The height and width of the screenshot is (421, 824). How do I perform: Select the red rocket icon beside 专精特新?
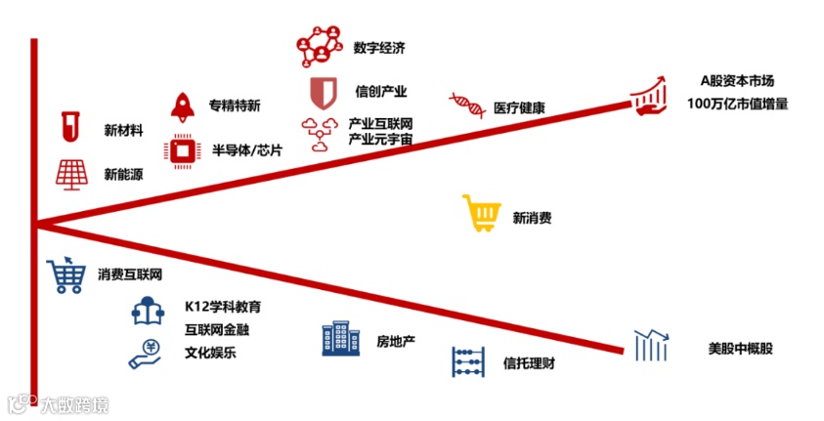(x=183, y=105)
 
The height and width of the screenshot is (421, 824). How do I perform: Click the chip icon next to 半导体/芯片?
(x=182, y=149)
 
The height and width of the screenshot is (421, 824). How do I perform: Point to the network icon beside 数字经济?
(x=321, y=47)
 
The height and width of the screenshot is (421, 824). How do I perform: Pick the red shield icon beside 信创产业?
(x=322, y=92)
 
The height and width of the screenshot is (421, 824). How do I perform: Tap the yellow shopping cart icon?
(x=481, y=214)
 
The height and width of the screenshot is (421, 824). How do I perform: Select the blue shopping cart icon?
(x=66, y=275)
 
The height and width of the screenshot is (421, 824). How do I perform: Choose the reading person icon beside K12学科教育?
(x=149, y=311)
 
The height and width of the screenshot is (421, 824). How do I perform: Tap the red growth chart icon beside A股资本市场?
(x=649, y=94)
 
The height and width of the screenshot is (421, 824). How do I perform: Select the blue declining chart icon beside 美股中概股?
(x=650, y=345)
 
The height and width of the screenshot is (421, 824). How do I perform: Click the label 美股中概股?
(x=740, y=348)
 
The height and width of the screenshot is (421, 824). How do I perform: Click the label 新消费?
(x=532, y=218)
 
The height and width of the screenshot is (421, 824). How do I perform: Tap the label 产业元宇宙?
(x=380, y=141)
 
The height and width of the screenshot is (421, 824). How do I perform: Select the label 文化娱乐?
(x=210, y=353)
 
